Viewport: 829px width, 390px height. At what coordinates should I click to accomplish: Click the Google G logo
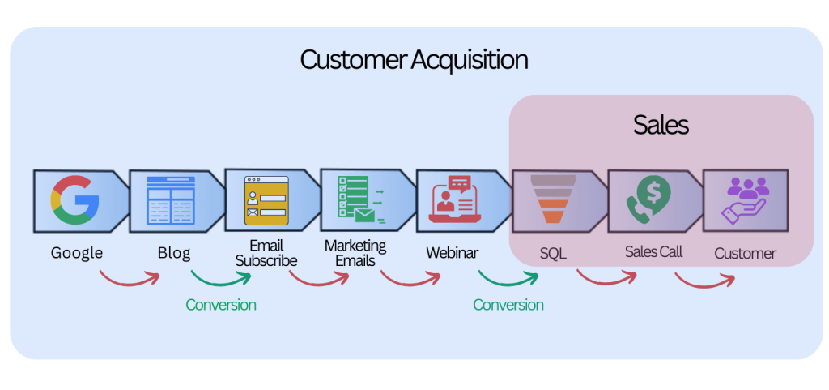(x=74, y=200)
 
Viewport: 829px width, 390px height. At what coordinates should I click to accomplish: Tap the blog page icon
(x=170, y=200)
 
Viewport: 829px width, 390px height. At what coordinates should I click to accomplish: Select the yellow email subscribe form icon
(x=266, y=200)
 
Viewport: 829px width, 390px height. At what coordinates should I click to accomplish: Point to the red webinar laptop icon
(x=457, y=199)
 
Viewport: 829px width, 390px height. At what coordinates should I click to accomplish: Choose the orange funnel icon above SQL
(x=553, y=199)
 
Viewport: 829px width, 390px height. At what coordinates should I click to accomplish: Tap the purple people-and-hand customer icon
(x=746, y=200)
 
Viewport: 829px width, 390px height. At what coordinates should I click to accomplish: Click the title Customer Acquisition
(x=414, y=60)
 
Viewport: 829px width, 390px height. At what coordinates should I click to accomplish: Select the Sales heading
(x=661, y=125)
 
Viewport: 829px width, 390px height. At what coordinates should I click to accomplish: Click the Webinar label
(x=452, y=253)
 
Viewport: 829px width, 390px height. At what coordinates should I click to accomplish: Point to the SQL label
(x=553, y=254)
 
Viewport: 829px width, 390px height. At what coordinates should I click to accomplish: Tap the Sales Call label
(x=653, y=251)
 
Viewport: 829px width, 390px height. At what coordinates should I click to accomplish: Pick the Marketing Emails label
(x=355, y=253)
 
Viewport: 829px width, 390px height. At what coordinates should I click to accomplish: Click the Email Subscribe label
(x=266, y=253)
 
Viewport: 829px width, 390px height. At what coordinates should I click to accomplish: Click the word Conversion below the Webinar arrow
(x=508, y=305)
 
